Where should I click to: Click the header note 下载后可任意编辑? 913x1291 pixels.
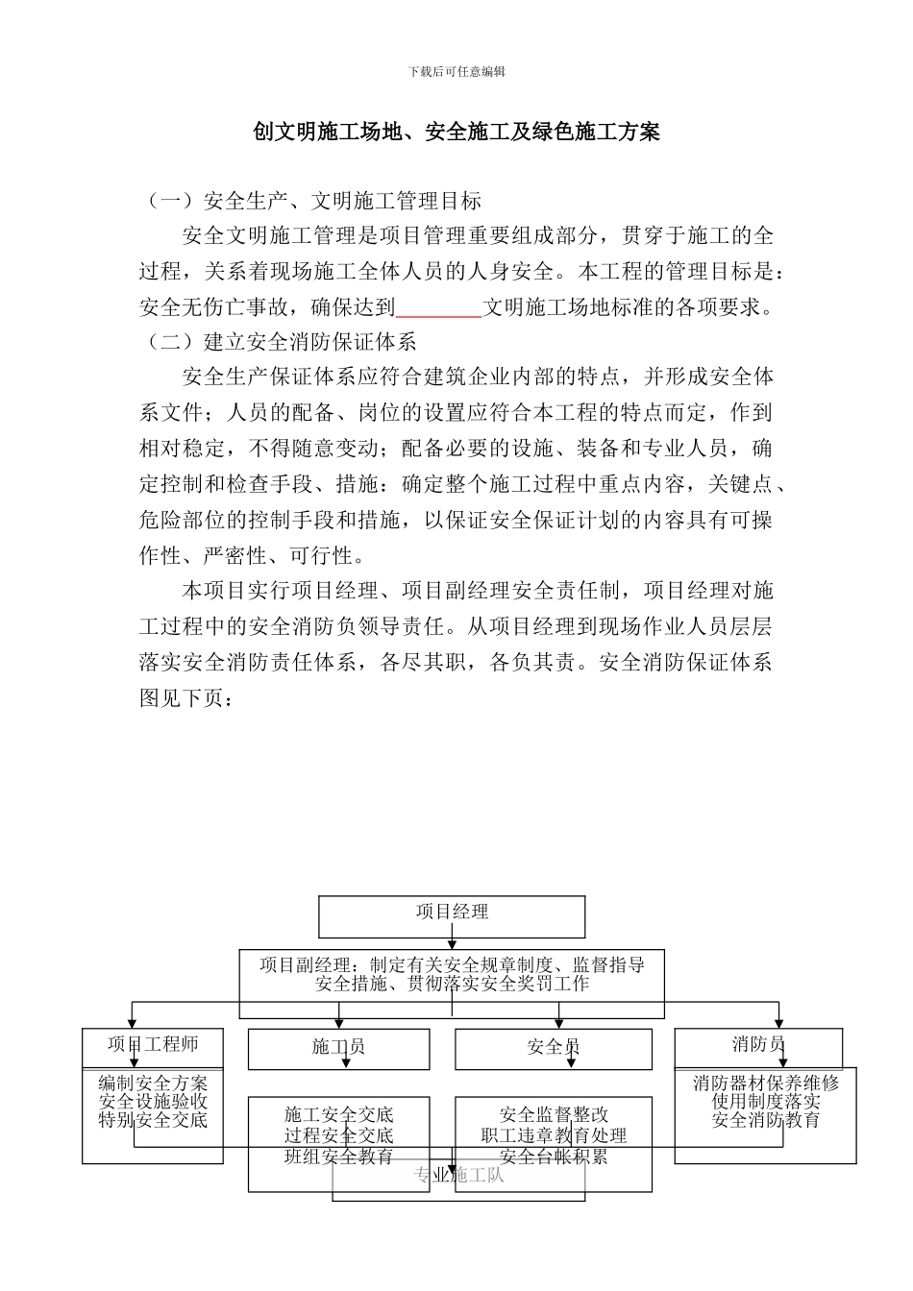click(x=456, y=72)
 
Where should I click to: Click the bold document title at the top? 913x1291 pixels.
click(x=456, y=132)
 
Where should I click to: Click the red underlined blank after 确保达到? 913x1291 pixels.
click(x=438, y=308)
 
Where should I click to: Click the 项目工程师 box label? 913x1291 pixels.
click(x=153, y=1044)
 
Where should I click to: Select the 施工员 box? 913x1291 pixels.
click(x=338, y=1047)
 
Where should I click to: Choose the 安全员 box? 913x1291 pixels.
click(x=553, y=1047)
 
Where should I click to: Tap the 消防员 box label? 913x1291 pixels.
click(x=758, y=1044)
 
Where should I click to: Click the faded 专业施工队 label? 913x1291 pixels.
click(x=458, y=1175)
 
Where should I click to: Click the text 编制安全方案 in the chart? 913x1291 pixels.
click(x=153, y=1084)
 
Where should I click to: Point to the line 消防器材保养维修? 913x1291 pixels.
click(x=765, y=1084)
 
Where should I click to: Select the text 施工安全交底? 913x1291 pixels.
click(x=338, y=1115)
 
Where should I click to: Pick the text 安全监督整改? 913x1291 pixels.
click(x=554, y=1115)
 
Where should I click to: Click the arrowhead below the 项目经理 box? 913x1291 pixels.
click(x=452, y=945)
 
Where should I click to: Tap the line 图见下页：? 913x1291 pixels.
click(x=185, y=698)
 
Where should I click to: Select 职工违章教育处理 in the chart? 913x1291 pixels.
click(x=554, y=1135)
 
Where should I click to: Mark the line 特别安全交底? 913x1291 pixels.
click(x=153, y=1120)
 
